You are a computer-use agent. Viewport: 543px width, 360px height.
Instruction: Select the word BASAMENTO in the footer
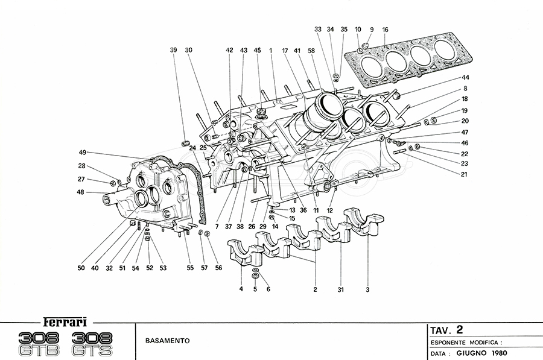point(167,341)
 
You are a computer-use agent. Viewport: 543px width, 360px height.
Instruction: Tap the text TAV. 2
point(447,330)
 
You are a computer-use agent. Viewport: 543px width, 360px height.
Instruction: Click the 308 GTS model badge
point(93,343)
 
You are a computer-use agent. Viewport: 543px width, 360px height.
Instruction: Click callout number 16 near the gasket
point(385,29)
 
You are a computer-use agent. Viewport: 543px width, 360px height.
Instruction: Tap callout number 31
point(340,290)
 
